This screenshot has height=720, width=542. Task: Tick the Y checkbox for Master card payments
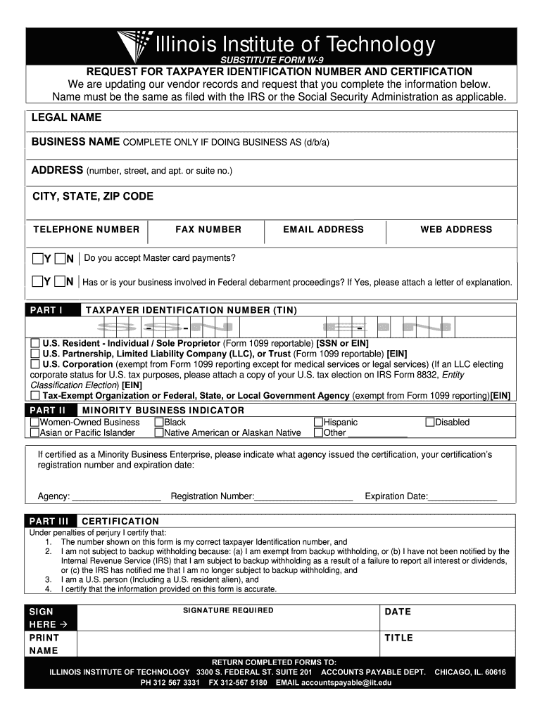[37, 258]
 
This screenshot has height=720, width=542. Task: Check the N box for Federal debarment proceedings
[60, 282]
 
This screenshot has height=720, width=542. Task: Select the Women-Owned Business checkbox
[34, 423]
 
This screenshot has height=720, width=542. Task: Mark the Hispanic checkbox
[318, 423]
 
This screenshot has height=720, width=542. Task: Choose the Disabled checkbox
[430, 423]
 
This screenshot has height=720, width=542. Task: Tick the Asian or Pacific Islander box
[34, 433]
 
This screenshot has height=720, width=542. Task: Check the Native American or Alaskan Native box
[159, 433]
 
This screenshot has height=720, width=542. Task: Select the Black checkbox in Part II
[159, 423]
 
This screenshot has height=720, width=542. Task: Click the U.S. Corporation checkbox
[35, 364]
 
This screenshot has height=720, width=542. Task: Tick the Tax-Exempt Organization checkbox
[35, 396]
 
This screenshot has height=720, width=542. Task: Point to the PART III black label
[51, 521]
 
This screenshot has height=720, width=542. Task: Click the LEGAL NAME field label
[66, 117]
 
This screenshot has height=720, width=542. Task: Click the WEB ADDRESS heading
[456, 229]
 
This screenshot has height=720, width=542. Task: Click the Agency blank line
[117, 497]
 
